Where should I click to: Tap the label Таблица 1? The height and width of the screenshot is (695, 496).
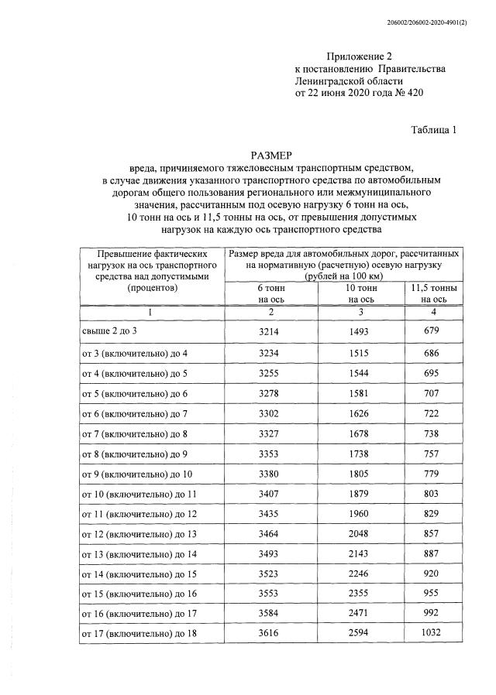[x=433, y=130]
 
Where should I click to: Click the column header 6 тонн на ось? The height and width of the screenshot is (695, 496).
[x=271, y=293]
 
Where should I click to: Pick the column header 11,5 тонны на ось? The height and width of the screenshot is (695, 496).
[x=432, y=293]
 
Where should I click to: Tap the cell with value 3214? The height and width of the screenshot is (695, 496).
[x=271, y=331]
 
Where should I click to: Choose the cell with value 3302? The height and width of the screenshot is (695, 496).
[x=271, y=413]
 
